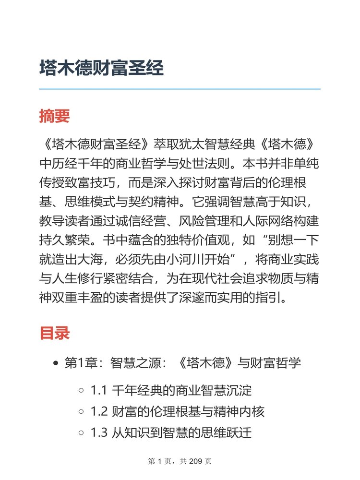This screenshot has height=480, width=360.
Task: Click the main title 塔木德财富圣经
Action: (101, 69)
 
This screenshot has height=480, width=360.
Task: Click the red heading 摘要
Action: (55, 116)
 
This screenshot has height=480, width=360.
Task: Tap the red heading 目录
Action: (55, 333)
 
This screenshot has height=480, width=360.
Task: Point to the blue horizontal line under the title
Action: (180, 89)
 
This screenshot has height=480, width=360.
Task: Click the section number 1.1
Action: (98, 390)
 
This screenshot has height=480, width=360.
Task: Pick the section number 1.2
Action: (98, 412)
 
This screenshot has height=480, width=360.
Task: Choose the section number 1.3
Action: (98, 433)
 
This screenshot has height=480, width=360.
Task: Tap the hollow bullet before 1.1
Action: (82, 391)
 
